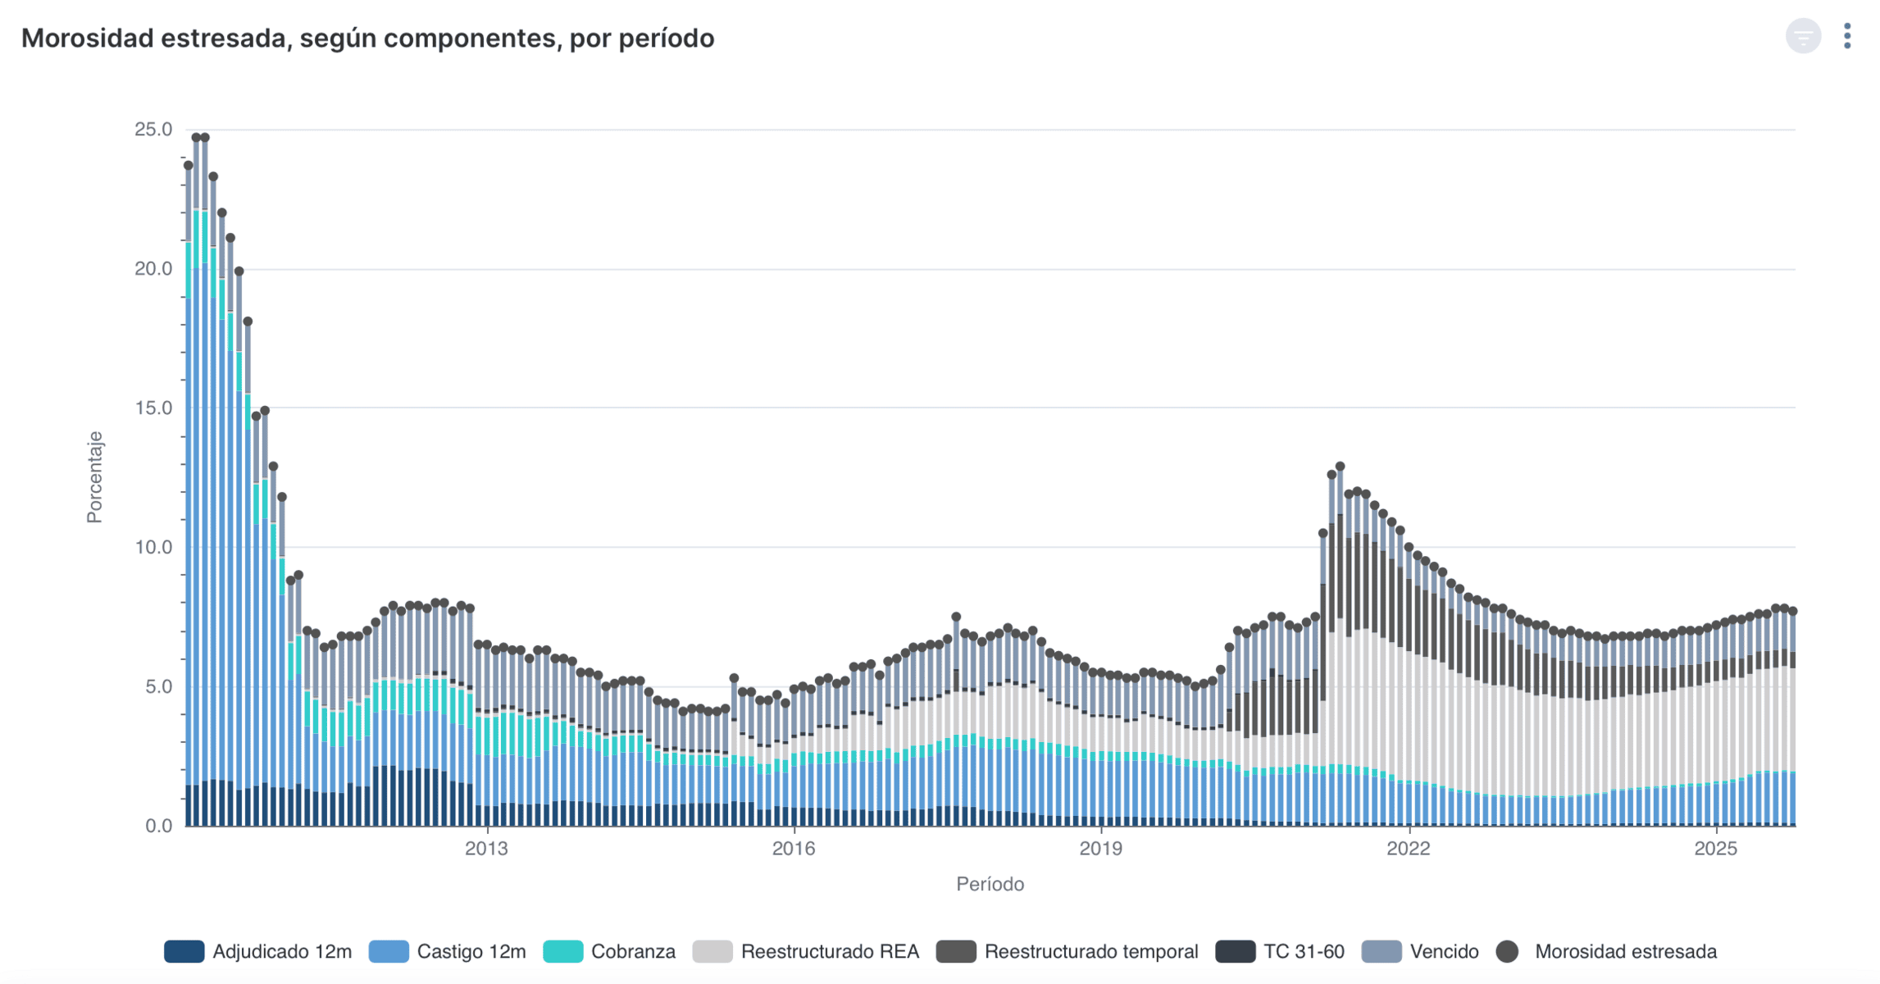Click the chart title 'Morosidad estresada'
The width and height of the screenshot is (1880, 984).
(x=367, y=39)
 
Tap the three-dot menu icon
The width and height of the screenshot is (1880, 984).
(x=1847, y=36)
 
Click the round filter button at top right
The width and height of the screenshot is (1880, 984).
(x=1803, y=36)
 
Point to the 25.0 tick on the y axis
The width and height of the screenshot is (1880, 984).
(x=153, y=130)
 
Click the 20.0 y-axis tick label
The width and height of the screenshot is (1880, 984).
(x=153, y=269)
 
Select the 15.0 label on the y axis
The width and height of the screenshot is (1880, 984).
(x=153, y=408)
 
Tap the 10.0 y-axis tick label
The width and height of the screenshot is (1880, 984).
(x=153, y=547)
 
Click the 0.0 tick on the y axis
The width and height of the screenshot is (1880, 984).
(x=158, y=826)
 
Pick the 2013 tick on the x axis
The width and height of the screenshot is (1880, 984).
(x=486, y=849)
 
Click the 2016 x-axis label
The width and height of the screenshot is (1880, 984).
(x=794, y=849)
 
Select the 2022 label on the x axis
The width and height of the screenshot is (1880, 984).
(x=1408, y=849)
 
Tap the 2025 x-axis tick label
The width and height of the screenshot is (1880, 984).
(x=1715, y=849)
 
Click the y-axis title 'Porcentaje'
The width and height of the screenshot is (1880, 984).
(x=95, y=477)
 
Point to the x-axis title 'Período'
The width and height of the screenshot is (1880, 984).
(x=990, y=884)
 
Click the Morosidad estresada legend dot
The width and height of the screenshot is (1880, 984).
(x=1507, y=952)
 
